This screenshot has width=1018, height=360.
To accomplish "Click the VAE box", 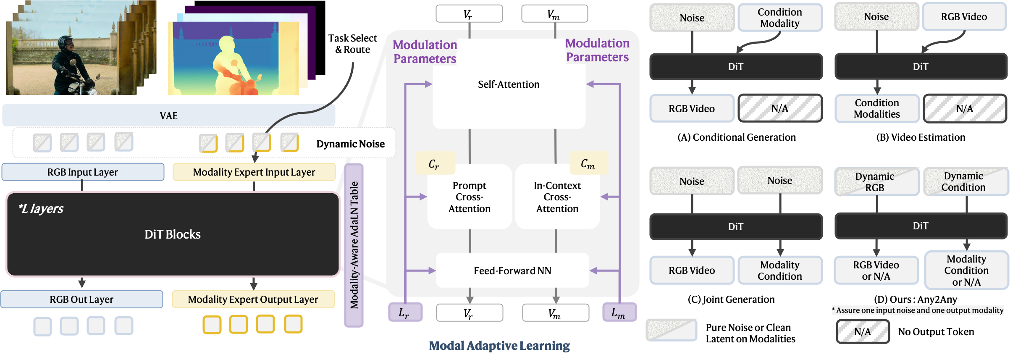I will [x=168, y=116].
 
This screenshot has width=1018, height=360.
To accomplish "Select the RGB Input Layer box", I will [x=83, y=172].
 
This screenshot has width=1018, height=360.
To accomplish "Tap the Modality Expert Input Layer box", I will [x=254, y=172].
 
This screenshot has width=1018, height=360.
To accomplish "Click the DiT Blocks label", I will [x=173, y=234].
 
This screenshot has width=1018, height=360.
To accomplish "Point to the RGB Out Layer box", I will [x=81, y=300].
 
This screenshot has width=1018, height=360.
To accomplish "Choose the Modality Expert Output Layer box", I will [x=253, y=300].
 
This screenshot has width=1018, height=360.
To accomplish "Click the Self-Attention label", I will [x=509, y=84].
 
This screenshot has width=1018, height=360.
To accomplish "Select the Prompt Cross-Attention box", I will [x=469, y=197].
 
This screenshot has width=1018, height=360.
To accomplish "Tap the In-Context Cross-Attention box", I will [x=557, y=197].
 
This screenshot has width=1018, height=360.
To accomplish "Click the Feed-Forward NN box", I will [x=512, y=271].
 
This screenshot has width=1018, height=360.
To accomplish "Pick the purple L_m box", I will [x=619, y=313].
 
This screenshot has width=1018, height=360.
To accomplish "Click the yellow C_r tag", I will [x=435, y=163].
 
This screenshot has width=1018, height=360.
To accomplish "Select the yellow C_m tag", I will [x=588, y=163].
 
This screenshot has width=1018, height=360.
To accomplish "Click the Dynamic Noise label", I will [x=350, y=144].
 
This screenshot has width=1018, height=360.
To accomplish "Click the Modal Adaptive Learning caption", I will [x=499, y=346].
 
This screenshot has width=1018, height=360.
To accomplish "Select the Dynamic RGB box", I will [x=876, y=182].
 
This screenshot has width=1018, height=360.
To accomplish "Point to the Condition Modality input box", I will [x=780, y=18].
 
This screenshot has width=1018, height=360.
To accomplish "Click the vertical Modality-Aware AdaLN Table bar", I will [x=354, y=245].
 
